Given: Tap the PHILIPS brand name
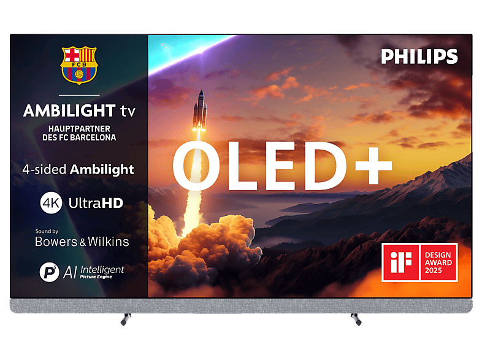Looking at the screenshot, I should tap(419, 57).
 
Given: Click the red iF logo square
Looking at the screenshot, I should tap(400, 262).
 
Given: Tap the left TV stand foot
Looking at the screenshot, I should tap(126, 318).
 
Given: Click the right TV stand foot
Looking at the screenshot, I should tap(355, 318).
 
